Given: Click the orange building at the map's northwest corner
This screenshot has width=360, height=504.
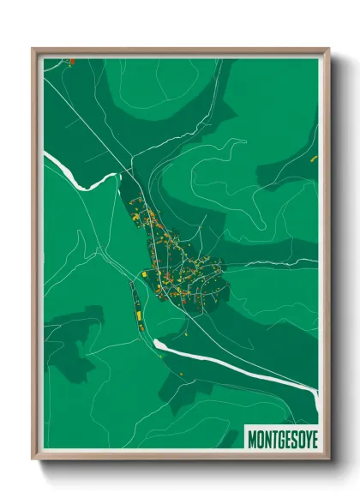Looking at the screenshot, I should tap(73, 61).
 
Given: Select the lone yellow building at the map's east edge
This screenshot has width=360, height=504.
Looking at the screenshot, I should tap(314, 159).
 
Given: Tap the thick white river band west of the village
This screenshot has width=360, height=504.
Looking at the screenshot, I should tap(77, 176).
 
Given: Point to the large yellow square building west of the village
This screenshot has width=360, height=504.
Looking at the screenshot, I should tap(144, 274).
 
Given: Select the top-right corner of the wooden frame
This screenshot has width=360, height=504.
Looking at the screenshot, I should tap(328, 49).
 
